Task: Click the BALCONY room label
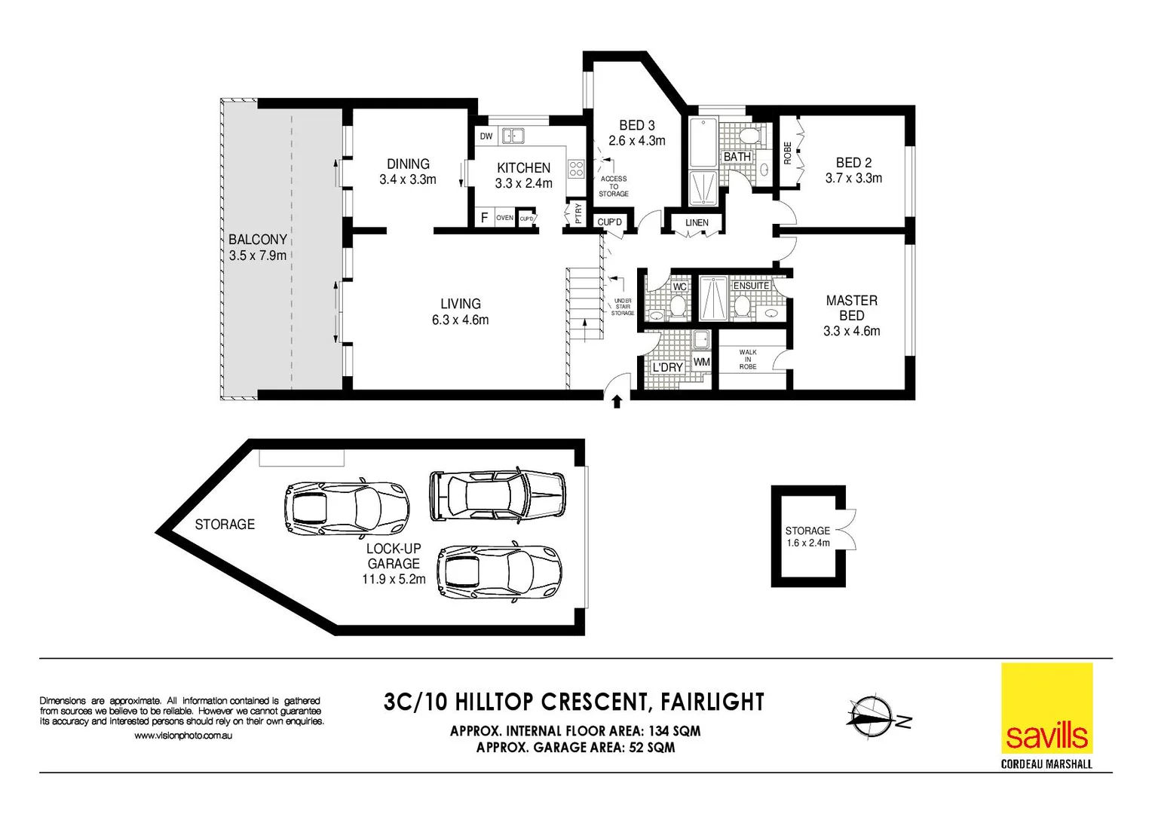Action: click(x=258, y=240)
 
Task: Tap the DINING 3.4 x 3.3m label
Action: click(x=408, y=172)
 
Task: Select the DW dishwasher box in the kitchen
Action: click(x=486, y=136)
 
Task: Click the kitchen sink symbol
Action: click(x=513, y=136)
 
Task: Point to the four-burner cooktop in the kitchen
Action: click(x=576, y=169)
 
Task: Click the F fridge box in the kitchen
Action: click(x=484, y=218)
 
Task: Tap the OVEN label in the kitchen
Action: click(x=504, y=218)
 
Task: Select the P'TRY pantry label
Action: click(x=578, y=214)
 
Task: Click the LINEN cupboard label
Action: click(x=697, y=222)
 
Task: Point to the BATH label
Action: click(x=737, y=157)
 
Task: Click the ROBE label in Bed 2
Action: click(x=788, y=153)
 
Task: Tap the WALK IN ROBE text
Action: click(x=748, y=360)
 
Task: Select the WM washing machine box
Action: click(x=701, y=362)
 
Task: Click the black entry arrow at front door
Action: click(x=617, y=402)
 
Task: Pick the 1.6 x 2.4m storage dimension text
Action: click(x=807, y=543)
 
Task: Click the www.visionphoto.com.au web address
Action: click(x=183, y=736)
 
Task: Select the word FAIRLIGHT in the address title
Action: click(x=712, y=702)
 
